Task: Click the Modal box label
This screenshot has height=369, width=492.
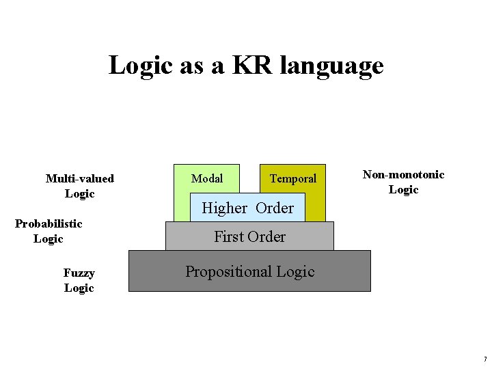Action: click(207, 178)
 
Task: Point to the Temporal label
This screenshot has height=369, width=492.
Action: click(293, 179)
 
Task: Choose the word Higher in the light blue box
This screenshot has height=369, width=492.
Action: click(225, 208)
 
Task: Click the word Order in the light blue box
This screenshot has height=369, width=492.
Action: click(275, 208)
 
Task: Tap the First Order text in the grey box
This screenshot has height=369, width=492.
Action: click(249, 236)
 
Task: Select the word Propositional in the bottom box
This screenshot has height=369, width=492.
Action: click(229, 272)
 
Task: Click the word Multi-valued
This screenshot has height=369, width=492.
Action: click(79, 179)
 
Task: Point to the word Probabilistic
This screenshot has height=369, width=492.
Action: click(49, 223)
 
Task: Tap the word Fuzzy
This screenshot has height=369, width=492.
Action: click(79, 273)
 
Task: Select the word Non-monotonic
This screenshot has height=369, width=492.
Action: click(403, 175)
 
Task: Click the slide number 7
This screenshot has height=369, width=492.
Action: click(484, 359)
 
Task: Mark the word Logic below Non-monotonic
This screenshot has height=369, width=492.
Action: click(403, 190)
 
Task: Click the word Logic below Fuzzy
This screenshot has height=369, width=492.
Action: click(79, 288)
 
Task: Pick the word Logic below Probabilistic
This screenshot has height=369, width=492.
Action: click(49, 239)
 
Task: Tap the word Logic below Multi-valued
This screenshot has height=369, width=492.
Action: click(79, 194)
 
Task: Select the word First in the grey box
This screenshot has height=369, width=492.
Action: click(229, 236)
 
